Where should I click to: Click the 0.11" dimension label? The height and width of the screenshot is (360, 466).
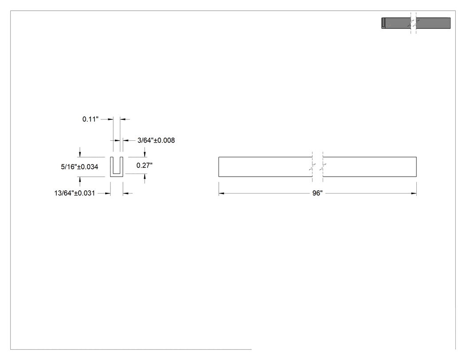coord(91,119)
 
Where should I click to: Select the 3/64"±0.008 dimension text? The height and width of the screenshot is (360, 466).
coord(156,140)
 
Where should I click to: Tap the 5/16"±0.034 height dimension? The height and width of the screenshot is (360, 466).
coord(79,167)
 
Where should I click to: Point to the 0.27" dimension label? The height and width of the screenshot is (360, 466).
coord(144,165)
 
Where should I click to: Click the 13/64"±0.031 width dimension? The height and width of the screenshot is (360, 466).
coord(75,193)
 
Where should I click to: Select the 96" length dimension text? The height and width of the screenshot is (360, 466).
coord(317,193)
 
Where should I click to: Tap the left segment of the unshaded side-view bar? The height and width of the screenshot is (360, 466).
coord(265,167)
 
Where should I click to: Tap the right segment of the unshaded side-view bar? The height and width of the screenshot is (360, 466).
coord(370,167)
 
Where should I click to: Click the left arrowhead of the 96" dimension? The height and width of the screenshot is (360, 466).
coord(221,194)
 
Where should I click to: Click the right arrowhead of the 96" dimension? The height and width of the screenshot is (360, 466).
coord(414,194)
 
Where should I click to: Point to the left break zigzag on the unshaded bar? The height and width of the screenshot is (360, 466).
coord(312,167)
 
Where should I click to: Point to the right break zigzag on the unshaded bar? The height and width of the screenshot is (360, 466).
coord(323,167)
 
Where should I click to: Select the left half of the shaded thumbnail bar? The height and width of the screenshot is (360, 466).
coord(396,23)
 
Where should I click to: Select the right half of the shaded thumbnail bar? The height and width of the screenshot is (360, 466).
coord(433,23)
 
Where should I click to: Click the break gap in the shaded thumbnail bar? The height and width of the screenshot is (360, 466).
coord(413,23)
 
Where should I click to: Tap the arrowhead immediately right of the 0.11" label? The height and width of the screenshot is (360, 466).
coord(111,119)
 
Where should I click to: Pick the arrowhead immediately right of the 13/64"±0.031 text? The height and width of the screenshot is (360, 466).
coord(107,193)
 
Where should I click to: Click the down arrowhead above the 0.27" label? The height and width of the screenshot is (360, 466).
coord(145,154)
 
